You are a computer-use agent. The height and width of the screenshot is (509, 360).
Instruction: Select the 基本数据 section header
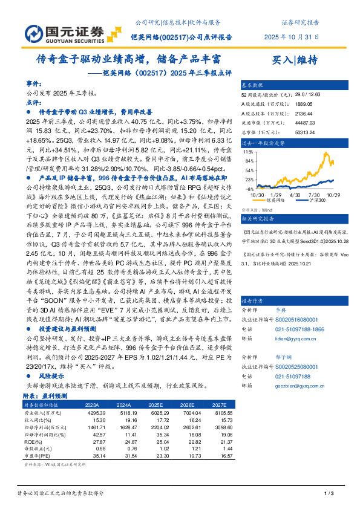(253, 85)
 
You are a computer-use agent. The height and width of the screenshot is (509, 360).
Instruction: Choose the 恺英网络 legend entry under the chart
(287, 201)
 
